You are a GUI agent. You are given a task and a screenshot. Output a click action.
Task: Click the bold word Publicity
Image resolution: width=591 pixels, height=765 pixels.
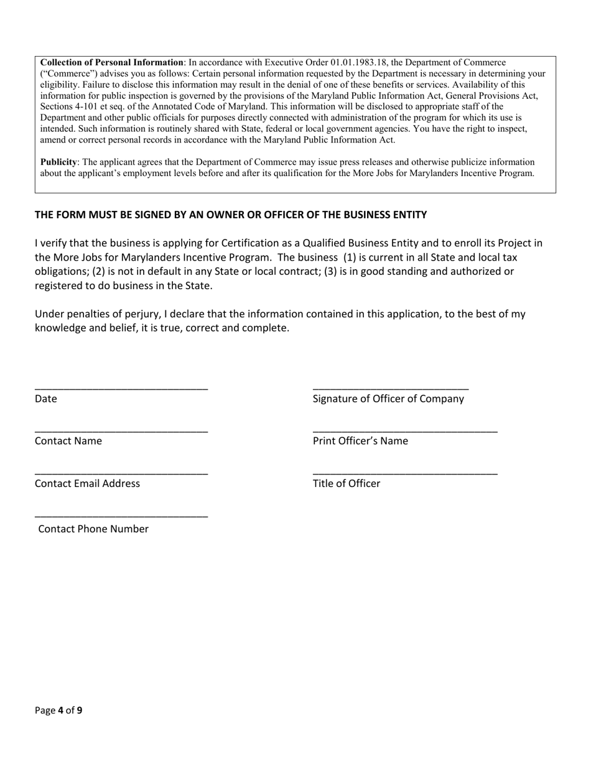pos(58,162)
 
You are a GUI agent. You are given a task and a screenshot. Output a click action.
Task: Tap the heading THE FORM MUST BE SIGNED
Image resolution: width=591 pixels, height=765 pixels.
pos(231,215)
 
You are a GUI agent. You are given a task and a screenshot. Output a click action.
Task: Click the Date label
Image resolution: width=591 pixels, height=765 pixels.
pos(46,399)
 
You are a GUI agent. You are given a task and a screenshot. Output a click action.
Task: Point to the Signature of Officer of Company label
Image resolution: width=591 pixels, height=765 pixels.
pos(388,399)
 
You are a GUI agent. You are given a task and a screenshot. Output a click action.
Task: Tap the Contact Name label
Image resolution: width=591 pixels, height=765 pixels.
pos(68,442)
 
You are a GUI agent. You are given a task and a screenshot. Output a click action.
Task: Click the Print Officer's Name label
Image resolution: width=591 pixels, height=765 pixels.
pos(361,442)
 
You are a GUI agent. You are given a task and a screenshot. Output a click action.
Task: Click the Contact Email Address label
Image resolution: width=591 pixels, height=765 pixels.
pos(87,484)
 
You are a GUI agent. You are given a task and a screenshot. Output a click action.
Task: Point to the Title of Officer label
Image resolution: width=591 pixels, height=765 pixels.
pos(347,484)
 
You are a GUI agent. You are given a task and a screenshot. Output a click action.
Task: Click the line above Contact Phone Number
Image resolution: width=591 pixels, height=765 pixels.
pos(121,517)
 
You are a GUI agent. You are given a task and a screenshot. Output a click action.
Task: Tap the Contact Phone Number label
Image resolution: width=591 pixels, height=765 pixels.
pos(93,529)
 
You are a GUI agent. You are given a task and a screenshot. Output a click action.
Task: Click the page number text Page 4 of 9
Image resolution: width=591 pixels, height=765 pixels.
pos(58,710)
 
